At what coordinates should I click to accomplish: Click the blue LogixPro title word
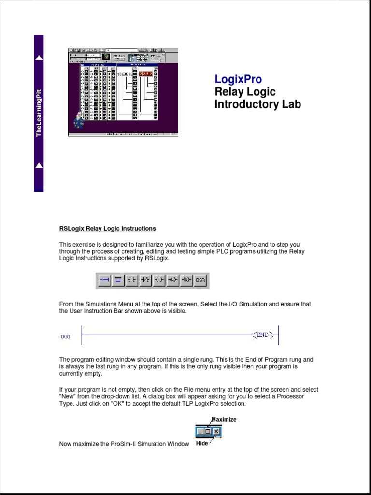(x=238, y=79)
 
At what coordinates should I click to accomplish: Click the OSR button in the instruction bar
(x=200, y=280)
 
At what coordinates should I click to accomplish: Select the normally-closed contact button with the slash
(x=145, y=280)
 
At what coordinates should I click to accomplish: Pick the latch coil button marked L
(x=173, y=280)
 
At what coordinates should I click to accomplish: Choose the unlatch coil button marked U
(x=186, y=280)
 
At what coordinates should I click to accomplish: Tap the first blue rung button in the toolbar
(x=104, y=280)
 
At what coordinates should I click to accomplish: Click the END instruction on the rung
(x=262, y=335)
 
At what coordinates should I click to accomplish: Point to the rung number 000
(x=65, y=337)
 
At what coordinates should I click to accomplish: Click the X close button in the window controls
(x=216, y=431)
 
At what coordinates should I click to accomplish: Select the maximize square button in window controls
(x=208, y=431)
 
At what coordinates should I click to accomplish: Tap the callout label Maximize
(x=224, y=419)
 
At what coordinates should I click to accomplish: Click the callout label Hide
(x=202, y=443)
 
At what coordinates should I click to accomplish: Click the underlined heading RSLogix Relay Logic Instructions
(x=107, y=228)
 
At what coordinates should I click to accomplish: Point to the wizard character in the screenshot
(x=78, y=119)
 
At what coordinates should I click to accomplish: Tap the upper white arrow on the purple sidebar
(x=39, y=58)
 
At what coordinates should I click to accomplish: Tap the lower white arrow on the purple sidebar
(x=39, y=165)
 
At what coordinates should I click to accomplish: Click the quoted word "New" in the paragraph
(x=67, y=396)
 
